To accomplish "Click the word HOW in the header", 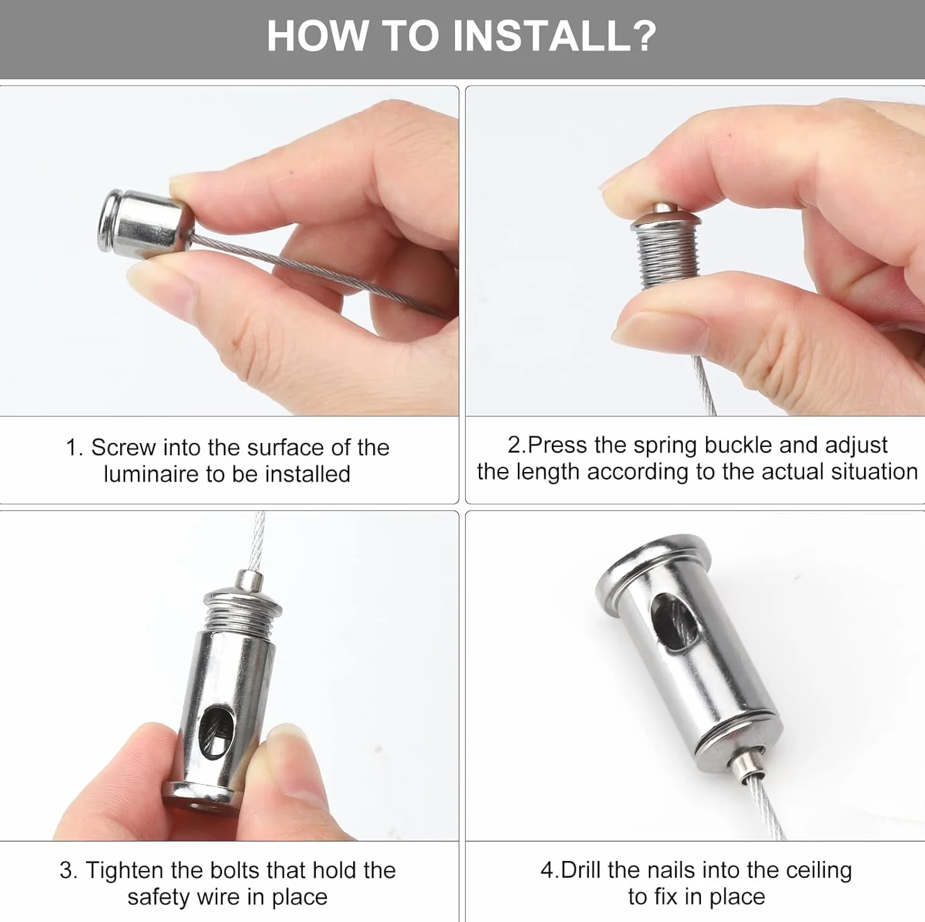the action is (317, 36).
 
